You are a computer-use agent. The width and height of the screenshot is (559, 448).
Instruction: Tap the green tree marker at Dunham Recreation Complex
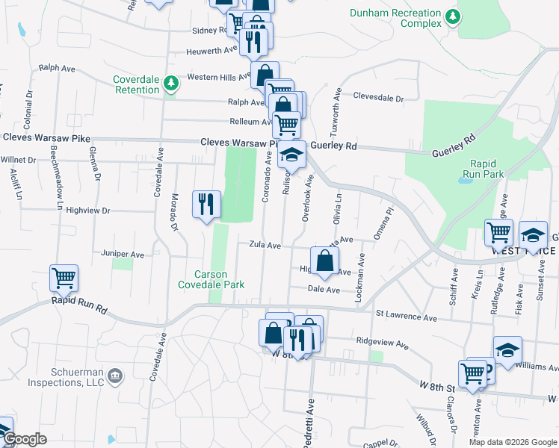451,16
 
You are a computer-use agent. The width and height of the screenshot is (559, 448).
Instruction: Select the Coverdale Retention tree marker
172,82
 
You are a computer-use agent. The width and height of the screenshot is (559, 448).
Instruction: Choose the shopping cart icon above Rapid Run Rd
64,278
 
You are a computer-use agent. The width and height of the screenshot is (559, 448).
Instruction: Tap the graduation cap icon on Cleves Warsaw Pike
292,155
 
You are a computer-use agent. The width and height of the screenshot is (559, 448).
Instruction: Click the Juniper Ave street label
127,255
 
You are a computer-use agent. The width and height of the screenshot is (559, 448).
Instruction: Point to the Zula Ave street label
265,245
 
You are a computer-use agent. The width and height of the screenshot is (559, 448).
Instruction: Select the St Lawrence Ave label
406,316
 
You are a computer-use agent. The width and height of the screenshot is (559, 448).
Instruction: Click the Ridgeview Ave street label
382,346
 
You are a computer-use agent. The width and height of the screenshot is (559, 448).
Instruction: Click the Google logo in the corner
25,440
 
